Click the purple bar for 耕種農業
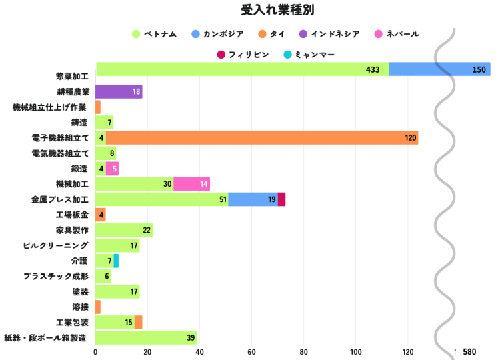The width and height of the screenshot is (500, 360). coord(119,92)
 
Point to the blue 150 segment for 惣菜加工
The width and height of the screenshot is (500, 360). coord(439,69)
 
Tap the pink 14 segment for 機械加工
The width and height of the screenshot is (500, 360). coord(191,184)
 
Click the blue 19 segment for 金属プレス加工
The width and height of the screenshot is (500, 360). coord(253,199)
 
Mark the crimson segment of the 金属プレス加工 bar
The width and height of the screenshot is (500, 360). coord(281,199)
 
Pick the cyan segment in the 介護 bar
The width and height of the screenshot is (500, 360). coord(116,261)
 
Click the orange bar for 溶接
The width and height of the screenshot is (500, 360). coord(98,307)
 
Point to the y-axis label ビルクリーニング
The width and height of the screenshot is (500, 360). coord(55,245)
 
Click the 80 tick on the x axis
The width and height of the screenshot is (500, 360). coord(304,352)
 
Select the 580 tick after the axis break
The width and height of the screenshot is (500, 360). coord(469,352)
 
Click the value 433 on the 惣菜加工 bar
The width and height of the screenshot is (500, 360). coord(373,70)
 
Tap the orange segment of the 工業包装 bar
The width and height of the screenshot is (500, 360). coord(138,322)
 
